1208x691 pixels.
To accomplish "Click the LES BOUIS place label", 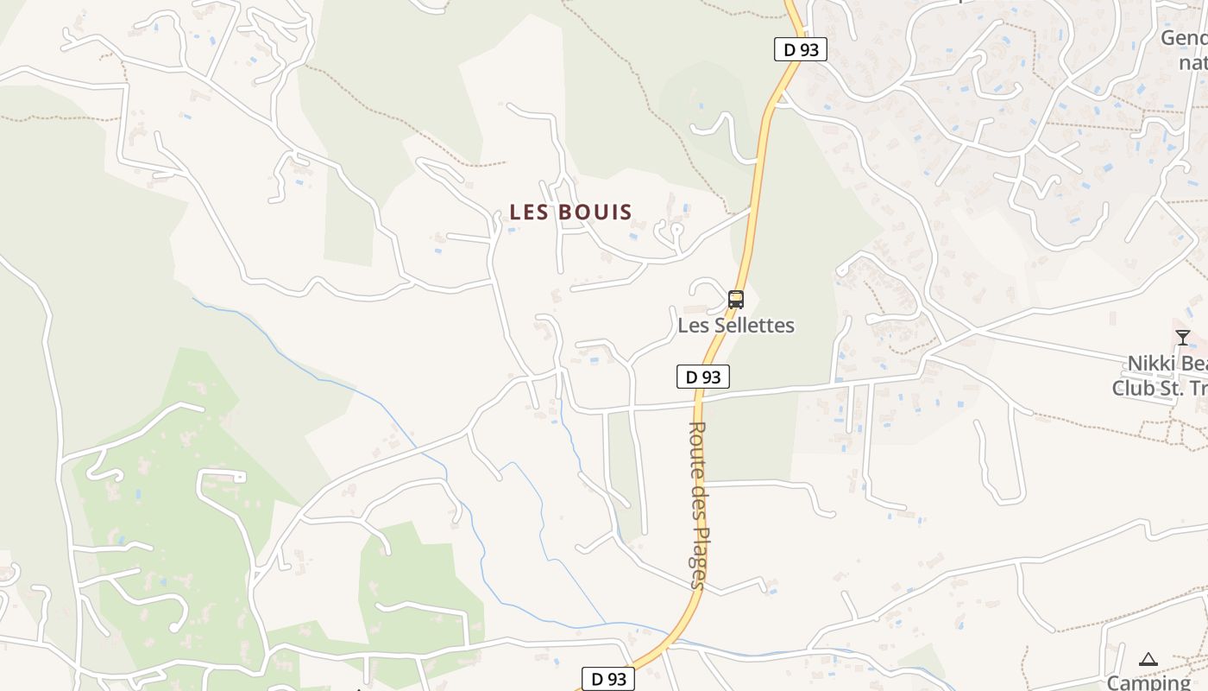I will coord(570,212).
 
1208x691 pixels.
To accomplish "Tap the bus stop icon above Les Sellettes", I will coord(736,300).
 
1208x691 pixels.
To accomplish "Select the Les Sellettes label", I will coord(736,326).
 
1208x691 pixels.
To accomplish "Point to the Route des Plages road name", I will coord(698,505).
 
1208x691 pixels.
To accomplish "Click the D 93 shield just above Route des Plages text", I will coord(702,377).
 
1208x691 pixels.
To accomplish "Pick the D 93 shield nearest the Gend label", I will coord(800,50).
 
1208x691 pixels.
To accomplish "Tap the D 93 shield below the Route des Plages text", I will coord(608,679).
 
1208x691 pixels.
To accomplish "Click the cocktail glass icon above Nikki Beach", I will coord(1182,337).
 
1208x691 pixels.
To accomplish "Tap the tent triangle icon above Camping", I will coord(1148,660).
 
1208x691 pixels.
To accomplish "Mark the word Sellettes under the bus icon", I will coord(755,326).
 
